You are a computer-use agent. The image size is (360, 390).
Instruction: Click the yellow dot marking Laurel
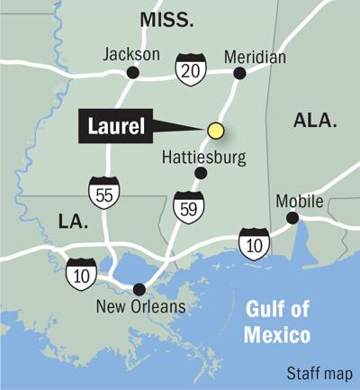point(215,131)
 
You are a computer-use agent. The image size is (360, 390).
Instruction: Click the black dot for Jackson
point(132,73)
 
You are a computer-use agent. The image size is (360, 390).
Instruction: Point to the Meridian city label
point(255,57)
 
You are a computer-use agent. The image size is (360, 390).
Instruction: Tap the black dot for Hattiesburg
point(201,173)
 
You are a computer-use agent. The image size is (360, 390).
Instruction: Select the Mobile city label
point(299,200)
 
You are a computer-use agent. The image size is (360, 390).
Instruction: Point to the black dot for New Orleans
point(139,289)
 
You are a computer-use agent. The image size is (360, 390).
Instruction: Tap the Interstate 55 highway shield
point(102,192)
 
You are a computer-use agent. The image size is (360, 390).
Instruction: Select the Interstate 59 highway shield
point(184,204)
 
